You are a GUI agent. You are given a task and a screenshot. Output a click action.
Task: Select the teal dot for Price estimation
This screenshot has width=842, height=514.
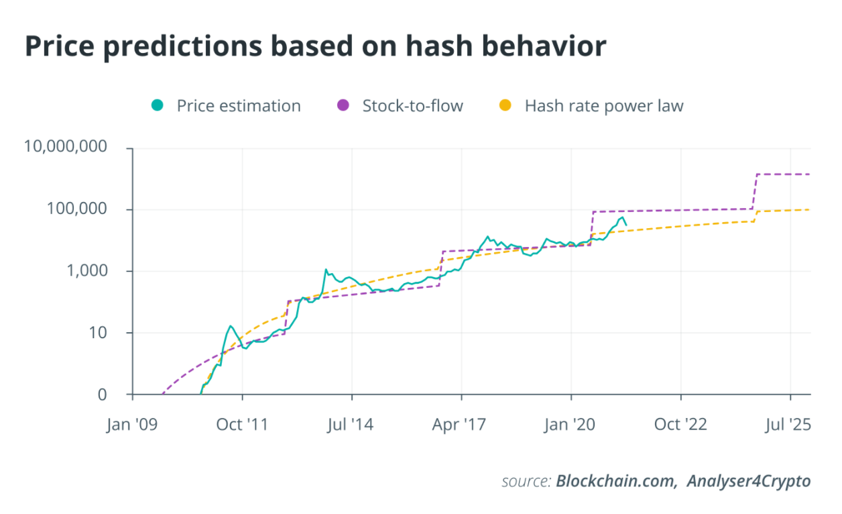coord(158,105)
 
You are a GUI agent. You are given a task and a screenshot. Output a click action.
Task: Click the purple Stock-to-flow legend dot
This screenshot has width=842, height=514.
coord(343,105)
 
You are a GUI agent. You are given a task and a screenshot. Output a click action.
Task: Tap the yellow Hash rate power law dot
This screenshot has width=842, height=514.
coord(505,105)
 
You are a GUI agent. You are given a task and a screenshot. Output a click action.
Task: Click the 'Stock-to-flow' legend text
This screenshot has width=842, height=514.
coord(412,105)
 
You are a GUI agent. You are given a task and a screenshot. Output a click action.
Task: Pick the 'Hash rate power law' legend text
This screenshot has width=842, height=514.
coord(603,105)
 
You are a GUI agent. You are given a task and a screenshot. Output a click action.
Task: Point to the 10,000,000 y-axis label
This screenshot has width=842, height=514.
coord(65,147)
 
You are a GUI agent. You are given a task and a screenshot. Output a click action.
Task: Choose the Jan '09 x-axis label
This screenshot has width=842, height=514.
coord(132,425)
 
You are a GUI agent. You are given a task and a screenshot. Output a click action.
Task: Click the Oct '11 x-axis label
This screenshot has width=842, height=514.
coord(242,425)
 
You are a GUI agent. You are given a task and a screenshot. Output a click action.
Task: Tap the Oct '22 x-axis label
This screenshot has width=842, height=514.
coord(680,425)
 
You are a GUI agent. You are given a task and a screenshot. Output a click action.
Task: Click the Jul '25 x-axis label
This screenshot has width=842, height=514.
coord(790,425)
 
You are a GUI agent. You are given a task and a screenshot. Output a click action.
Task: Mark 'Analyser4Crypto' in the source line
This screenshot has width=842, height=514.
coord(748,481)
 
